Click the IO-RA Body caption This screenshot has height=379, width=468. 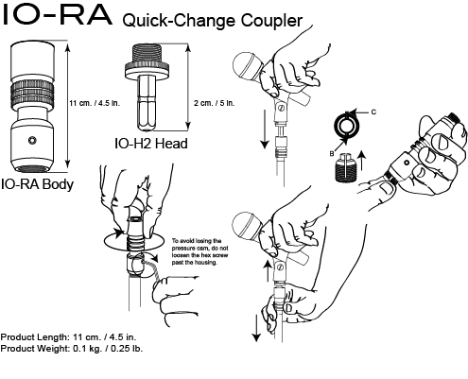tap(38, 185)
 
